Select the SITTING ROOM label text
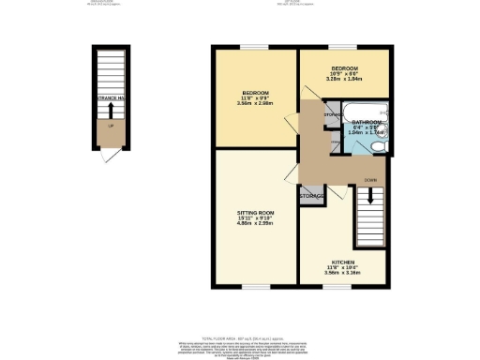[255, 213]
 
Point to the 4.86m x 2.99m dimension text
[255, 226]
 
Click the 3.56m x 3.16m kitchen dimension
[341, 274]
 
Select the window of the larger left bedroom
[254, 47]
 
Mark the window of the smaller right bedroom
[341, 47]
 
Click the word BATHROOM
[367, 123]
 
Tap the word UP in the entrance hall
[112, 126]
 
